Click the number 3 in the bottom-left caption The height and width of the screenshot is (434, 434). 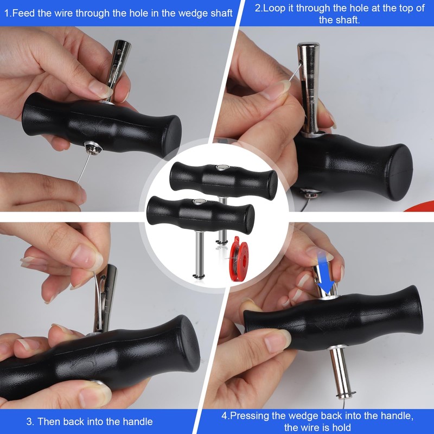tap(29, 421)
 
